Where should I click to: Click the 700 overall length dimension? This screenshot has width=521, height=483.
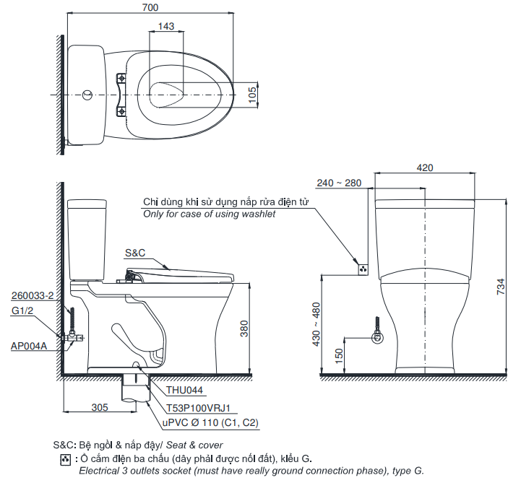point(150,6)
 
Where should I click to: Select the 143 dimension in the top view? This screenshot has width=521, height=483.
point(165,27)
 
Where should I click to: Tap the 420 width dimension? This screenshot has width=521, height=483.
point(425,167)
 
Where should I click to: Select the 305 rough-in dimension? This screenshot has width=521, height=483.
point(100,407)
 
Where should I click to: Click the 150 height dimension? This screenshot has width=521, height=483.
point(338,356)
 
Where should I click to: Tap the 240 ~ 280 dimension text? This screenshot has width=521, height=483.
point(338,183)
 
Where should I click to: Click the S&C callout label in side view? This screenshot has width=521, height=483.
point(135,253)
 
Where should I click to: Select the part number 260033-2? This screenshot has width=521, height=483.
point(33,296)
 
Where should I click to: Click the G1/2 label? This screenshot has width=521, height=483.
point(22,310)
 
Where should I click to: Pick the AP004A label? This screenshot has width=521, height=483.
point(29,346)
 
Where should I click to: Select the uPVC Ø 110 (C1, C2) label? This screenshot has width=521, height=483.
point(210,423)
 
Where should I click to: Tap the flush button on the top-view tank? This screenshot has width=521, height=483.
point(87,95)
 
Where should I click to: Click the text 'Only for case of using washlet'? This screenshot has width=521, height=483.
point(209,214)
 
